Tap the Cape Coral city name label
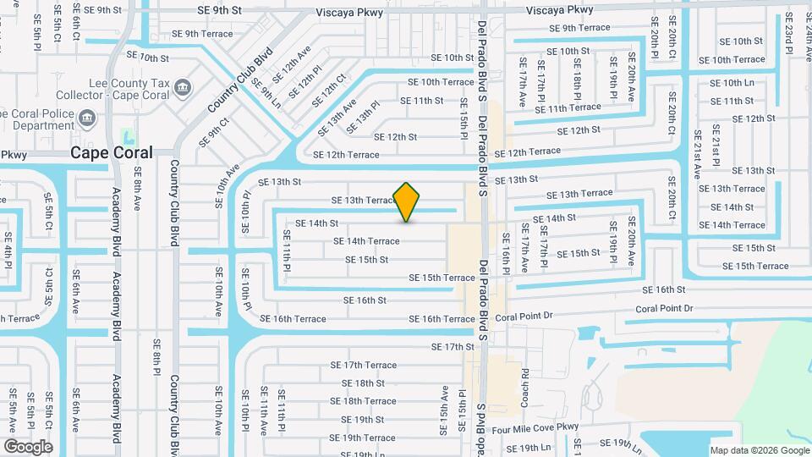point(112,153)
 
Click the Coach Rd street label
point(525,384)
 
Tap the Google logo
point(28,446)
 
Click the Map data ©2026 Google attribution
point(759,450)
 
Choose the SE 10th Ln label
point(731,83)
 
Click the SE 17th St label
point(453,347)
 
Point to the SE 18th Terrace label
point(363,401)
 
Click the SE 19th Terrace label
point(362,438)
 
